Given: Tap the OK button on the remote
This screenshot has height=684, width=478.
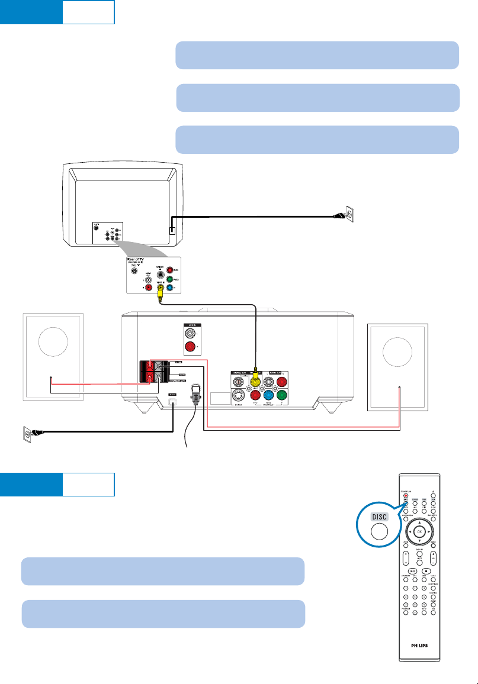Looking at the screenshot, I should tap(419, 531).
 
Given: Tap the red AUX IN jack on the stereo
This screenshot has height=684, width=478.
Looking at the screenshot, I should tap(190, 348).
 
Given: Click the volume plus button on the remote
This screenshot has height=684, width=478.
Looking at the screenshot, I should tap(434, 554).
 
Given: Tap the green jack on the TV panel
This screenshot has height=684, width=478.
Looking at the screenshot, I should tap(170, 278).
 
